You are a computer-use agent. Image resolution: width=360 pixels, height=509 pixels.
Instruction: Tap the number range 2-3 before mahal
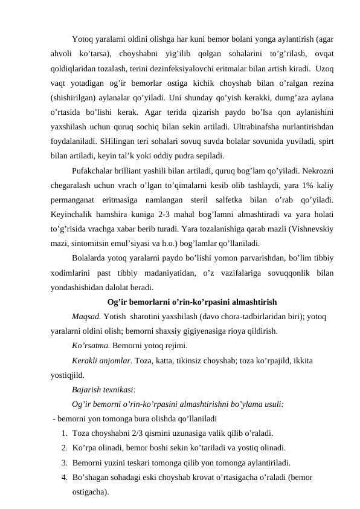(x=171, y=215)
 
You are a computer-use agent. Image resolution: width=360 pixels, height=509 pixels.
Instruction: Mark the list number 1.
(x=64, y=433)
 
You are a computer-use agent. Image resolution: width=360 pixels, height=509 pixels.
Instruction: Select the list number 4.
(x=64, y=477)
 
